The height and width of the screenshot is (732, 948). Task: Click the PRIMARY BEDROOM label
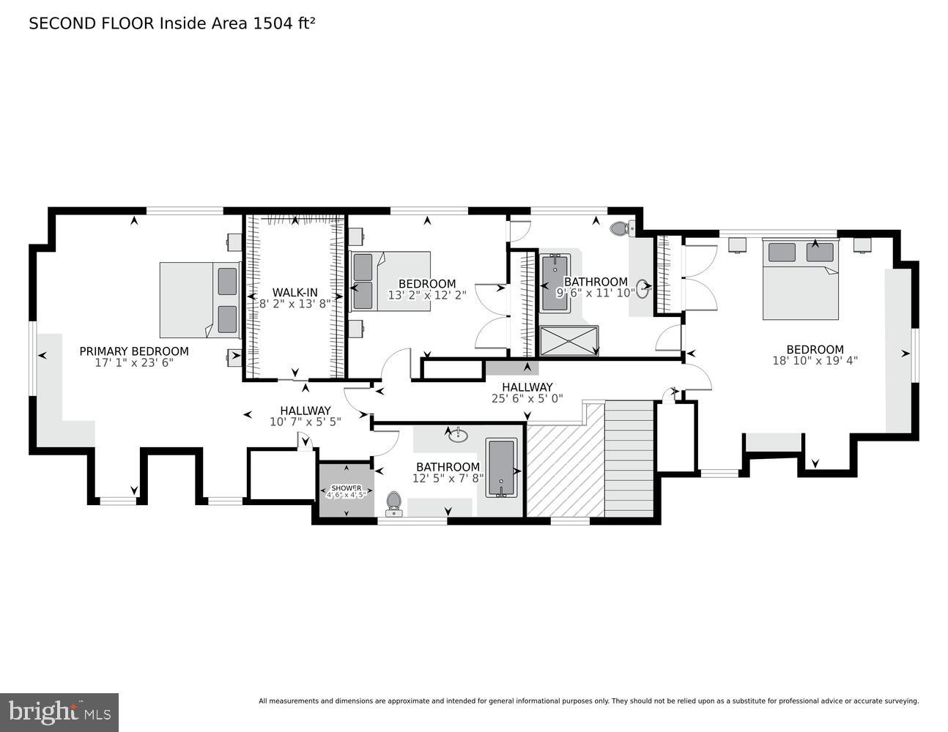tap(134, 351)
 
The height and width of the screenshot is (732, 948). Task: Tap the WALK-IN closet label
tap(295, 292)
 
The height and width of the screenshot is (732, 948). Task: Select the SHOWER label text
tap(346, 488)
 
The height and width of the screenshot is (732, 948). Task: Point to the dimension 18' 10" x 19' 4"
tap(815, 361)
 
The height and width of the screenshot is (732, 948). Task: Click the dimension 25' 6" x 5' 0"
tap(527, 399)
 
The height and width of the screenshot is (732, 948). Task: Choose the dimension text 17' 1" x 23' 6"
tap(134, 362)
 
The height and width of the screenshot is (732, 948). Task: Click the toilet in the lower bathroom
tap(393, 502)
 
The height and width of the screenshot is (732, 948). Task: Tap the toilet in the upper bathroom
tap(620, 228)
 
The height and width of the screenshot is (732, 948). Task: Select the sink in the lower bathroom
tap(458, 436)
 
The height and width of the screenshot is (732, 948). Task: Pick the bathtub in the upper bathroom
tap(555, 283)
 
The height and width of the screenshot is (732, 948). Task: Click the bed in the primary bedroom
tap(200, 300)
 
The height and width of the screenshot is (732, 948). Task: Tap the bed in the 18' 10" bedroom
tap(800, 280)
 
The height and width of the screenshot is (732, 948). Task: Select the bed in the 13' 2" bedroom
tap(390, 282)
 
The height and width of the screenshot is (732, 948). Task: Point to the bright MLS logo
tap(59, 712)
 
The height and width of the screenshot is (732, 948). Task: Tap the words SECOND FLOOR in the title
tap(92, 23)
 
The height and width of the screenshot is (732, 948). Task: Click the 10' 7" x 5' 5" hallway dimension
tap(305, 422)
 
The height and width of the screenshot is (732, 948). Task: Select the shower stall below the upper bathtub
tap(569, 340)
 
